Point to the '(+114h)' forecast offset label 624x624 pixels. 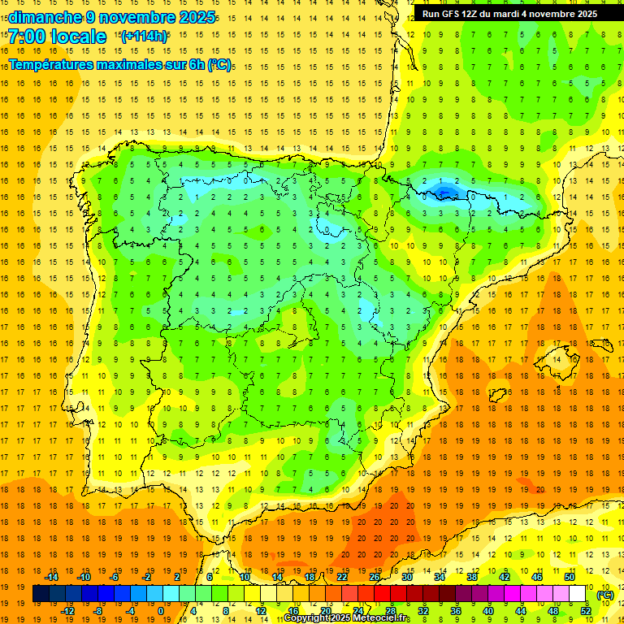(x=144, y=37)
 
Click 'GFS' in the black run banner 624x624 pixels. (x=455, y=14)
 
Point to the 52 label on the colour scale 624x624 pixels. (x=586, y=610)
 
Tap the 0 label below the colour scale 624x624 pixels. (x=161, y=610)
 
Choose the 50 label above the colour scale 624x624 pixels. (x=570, y=577)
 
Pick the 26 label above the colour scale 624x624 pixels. (x=375, y=577)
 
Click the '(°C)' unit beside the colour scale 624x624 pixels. (x=605, y=595)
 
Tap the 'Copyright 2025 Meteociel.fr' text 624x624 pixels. (x=347, y=618)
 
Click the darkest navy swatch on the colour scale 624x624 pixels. (x=41, y=594)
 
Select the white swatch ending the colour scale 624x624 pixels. (x=578, y=594)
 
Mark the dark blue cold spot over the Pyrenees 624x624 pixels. (x=444, y=192)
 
